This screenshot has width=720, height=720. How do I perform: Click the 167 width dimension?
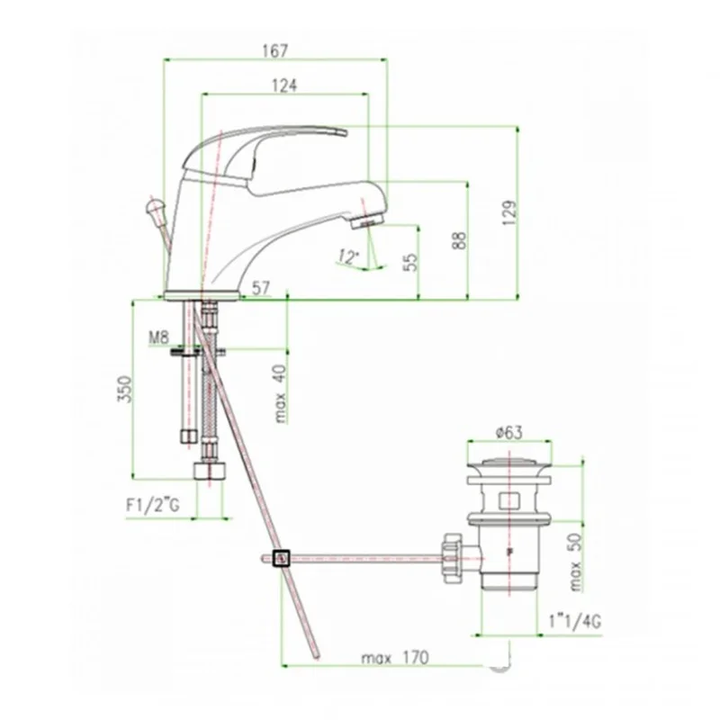click(x=274, y=50)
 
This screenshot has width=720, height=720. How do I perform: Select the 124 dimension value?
click(x=284, y=85)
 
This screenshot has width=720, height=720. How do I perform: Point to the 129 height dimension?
click(x=509, y=212)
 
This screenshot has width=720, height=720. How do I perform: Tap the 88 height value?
click(x=459, y=240)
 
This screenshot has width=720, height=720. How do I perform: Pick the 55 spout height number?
click(x=411, y=262)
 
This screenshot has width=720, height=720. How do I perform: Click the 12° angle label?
click(x=347, y=256)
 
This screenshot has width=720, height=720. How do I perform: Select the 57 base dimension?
click(x=261, y=288)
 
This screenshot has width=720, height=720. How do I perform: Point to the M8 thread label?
click(x=158, y=338)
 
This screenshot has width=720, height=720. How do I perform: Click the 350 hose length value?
click(x=125, y=389)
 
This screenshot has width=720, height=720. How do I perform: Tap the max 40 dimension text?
click(x=280, y=394)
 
